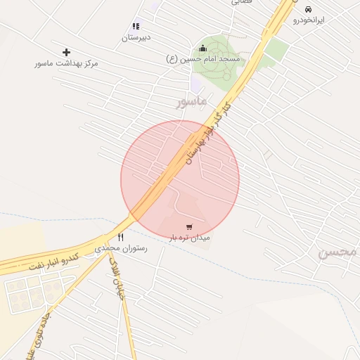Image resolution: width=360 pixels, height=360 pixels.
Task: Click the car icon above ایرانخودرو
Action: pyautogui.click(x=308, y=9)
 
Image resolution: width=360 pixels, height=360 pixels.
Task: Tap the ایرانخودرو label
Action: pyautogui.click(x=309, y=20)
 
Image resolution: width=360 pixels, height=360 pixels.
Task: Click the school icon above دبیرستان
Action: pyautogui.click(x=136, y=26)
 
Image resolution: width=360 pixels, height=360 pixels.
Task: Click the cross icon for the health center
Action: pyautogui.click(x=67, y=52)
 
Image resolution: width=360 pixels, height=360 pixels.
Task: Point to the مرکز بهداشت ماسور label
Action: pyautogui.click(x=67, y=63)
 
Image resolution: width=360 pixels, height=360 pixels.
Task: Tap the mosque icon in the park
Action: pyautogui.click(x=203, y=48)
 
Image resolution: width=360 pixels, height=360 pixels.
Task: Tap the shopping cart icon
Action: pyautogui.click(x=189, y=226)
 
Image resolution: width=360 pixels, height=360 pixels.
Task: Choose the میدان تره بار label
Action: pyautogui.click(x=190, y=238)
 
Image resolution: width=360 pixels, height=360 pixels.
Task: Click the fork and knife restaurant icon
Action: pyautogui.click(x=120, y=238)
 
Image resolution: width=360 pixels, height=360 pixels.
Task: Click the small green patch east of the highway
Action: pyautogui.click(x=277, y=49)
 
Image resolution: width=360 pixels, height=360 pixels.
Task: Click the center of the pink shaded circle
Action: pyautogui.click(x=180, y=179)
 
